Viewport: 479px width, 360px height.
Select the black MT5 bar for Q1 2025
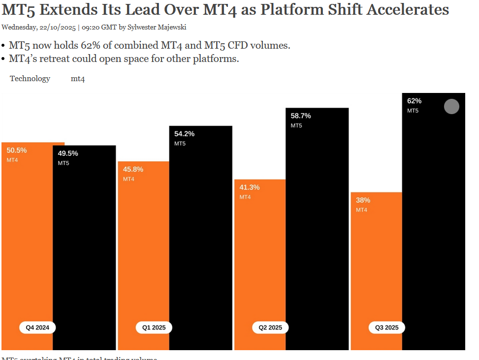[200, 236]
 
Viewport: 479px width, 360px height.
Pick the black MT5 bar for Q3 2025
[433, 221]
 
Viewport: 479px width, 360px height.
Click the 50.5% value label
[17, 150]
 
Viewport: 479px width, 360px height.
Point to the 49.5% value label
[68, 153]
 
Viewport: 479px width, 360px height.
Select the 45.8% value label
[133, 169]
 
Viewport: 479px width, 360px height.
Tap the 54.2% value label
[185, 134]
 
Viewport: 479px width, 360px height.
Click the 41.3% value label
[250, 187]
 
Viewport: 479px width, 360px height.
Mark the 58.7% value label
[301, 116]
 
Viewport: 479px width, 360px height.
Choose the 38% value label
[363, 200]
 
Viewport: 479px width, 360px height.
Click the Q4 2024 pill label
[37, 328]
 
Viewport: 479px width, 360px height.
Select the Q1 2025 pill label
[154, 328]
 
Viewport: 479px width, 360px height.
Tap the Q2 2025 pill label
[270, 328]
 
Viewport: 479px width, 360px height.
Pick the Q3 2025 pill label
[387, 328]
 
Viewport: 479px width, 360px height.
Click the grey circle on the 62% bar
[451, 107]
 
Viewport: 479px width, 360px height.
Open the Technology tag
[30, 79]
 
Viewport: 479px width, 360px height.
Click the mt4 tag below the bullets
[78, 79]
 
